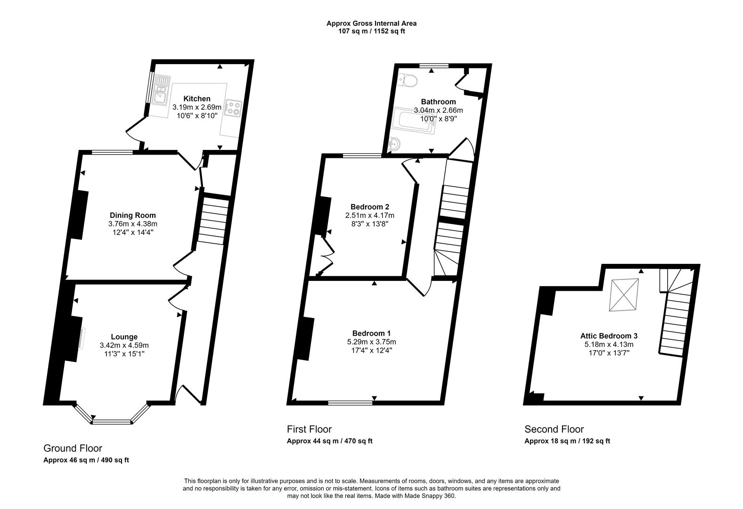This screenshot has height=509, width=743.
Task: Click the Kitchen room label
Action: click(197, 99)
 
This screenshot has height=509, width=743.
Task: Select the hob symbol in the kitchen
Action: click(234, 108)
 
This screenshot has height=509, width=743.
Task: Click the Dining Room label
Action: click(132, 215)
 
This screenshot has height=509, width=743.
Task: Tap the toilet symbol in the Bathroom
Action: click(407, 81)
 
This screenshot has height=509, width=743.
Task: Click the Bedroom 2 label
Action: click(369, 206)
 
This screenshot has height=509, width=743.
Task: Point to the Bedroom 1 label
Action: click(371, 333)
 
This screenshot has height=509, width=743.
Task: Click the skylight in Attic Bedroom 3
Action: click(624, 295)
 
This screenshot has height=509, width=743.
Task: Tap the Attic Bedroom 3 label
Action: click(609, 336)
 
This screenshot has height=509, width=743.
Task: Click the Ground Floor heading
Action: click(73, 448)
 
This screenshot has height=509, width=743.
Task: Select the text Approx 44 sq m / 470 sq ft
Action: click(329, 441)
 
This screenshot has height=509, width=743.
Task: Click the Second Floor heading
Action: click(554, 429)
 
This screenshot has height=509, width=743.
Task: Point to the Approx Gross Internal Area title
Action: click(371, 23)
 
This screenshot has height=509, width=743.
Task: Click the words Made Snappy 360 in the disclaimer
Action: click(432, 496)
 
